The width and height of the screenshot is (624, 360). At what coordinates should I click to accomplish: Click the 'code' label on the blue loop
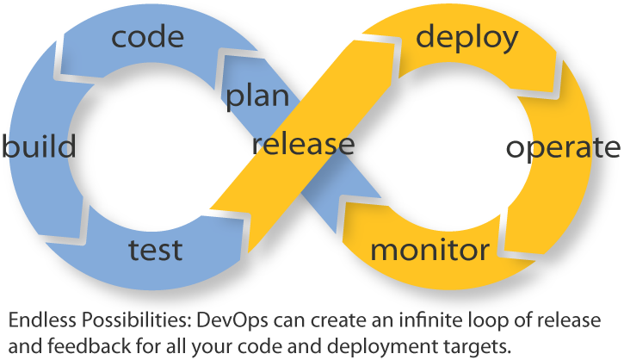click(x=147, y=37)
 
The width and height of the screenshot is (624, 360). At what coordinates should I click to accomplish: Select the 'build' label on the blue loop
click(x=39, y=146)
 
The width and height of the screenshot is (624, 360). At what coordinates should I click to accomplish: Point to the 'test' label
click(x=155, y=250)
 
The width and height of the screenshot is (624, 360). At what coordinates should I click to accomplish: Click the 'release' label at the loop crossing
click(x=303, y=144)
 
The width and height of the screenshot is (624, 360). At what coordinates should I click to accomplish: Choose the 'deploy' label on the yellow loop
click(x=467, y=37)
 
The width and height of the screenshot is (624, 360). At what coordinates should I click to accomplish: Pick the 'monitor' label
click(x=429, y=251)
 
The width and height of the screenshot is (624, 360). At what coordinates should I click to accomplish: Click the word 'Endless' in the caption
click(x=40, y=321)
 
